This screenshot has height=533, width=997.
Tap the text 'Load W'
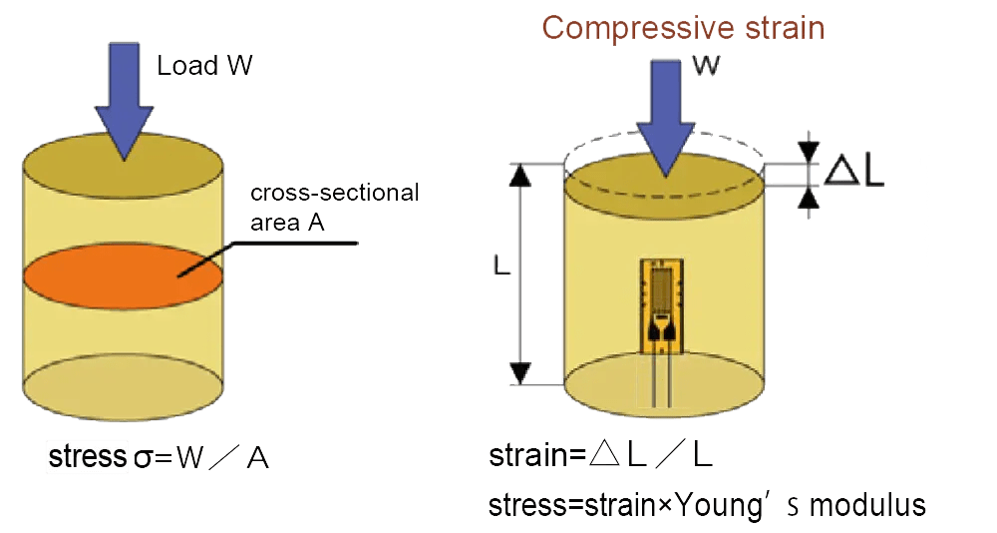(204, 67)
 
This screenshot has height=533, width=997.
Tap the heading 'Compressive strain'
(683, 27)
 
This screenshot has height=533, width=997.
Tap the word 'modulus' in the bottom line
(867, 505)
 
